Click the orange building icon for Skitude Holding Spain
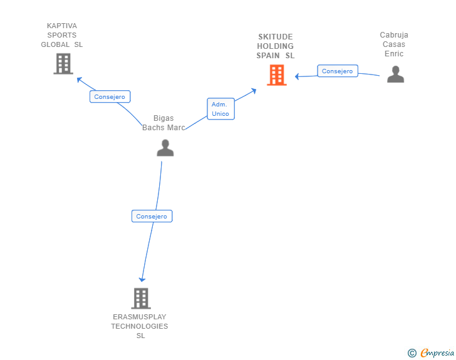[276, 75]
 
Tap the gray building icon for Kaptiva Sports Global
[63, 64]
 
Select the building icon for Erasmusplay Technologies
[141, 298]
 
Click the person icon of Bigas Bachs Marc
[165, 148]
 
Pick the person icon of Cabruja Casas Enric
[395, 75]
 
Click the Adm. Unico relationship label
[220, 109]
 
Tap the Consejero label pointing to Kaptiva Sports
[110, 96]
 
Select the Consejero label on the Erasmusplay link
[152, 216]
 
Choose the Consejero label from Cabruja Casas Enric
[337, 71]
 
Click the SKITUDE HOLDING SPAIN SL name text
[275, 46]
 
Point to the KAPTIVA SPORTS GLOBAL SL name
[62, 35]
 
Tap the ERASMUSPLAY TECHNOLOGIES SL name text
[140, 326]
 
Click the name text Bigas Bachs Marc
[163, 123]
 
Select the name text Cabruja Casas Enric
[394, 44]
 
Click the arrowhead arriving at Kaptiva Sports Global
[79, 80]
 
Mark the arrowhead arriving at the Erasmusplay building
[142, 279]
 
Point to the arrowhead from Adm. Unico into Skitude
[253, 90]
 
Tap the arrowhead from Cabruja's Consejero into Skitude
[298, 76]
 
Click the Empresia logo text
[437, 353]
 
